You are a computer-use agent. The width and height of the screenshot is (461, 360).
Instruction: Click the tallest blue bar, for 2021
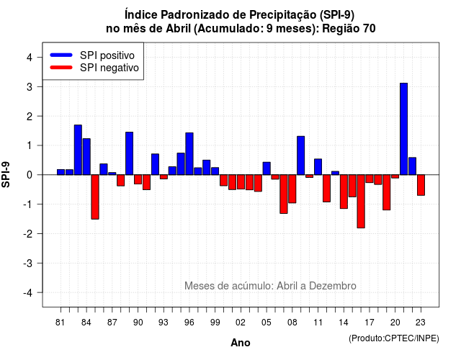(x=403, y=129)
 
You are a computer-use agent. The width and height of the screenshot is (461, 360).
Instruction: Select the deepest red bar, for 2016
(x=361, y=202)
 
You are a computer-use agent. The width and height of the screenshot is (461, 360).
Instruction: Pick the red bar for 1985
(x=95, y=197)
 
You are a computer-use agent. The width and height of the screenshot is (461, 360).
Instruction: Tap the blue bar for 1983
(x=78, y=150)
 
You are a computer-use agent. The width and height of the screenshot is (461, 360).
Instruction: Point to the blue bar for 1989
(x=130, y=153)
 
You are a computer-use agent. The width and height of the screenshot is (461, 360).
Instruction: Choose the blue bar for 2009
(x=301, y=156)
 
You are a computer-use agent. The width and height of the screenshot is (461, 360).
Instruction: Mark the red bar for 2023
(x=421, y=185)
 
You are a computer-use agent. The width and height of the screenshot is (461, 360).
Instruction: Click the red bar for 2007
(x=284, y=194)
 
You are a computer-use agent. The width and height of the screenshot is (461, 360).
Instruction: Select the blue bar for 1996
(x=189, y=153)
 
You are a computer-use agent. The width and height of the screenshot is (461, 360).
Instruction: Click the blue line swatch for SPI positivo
(x=61, y=55)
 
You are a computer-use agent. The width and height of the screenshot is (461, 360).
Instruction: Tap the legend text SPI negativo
(x=109, y=68)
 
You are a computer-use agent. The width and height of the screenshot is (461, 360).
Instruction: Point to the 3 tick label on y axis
(x=30, y=87)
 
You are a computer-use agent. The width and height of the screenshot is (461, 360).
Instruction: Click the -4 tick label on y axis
(x=28, y=293)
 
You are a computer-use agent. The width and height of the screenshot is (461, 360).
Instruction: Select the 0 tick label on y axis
(x=30, y=175)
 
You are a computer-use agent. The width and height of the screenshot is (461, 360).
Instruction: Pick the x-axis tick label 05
(x=267, y=323)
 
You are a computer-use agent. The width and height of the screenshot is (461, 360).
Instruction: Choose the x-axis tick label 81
(x=60, y=323)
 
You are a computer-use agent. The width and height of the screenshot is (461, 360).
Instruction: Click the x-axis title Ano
(x=241, y=343)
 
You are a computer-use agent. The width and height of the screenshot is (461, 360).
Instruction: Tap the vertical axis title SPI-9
(x=6, y=174)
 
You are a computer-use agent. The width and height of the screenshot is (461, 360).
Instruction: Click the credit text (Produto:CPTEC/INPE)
(x=394, y=338)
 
